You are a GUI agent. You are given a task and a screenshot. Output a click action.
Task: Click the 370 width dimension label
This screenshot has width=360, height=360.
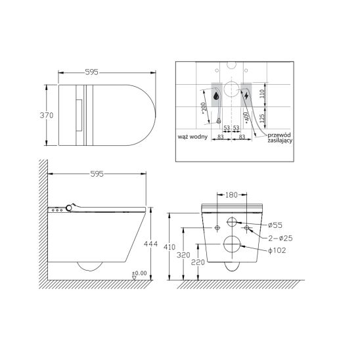point(47,115)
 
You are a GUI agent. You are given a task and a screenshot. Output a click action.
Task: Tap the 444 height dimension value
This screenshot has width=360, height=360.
point(150,244)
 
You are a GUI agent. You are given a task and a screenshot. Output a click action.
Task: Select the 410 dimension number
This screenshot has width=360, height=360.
point(169,247)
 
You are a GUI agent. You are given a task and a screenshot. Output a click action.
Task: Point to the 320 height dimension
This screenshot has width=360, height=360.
point(183,255)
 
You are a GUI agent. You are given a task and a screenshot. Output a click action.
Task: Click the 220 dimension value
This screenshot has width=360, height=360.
point(198,262)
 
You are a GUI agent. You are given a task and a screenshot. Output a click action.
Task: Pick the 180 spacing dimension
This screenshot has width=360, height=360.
point(231,195)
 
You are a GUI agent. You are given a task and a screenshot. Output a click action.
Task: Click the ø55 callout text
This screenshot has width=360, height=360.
point(275,225)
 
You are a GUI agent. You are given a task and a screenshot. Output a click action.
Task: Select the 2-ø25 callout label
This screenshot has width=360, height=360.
point(281,238)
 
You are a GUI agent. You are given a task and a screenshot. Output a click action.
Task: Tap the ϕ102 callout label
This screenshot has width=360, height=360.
point(277,250)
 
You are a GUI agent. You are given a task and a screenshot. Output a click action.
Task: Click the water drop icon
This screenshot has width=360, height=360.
point(216,96)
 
